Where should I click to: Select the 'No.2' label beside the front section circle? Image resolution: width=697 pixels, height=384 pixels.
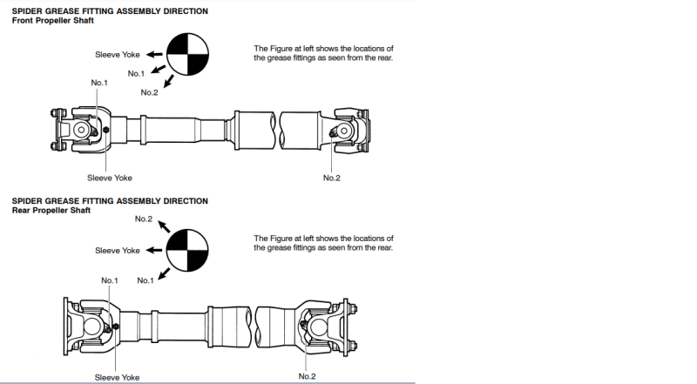point(149,92)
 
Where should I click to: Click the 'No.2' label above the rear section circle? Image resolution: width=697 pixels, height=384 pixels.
point(144,219)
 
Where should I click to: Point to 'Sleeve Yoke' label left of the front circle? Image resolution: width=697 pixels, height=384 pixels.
point(118,55)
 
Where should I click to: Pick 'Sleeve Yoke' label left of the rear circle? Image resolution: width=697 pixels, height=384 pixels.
point(118,251)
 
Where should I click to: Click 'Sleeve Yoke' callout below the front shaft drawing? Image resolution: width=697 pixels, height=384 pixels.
point(109,178)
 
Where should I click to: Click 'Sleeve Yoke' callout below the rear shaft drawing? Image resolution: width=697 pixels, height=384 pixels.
point(118,377)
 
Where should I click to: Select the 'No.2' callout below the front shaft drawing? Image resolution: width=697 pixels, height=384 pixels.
point(332,178)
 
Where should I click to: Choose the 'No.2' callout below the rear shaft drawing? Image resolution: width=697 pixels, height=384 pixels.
point(308,376)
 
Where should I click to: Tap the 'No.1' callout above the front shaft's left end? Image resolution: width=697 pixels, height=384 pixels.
point(99,82)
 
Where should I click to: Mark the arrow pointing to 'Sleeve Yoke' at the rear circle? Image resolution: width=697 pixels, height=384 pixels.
point(155,251)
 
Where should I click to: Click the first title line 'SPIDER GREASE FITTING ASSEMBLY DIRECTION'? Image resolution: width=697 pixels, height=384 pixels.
point(110,11)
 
